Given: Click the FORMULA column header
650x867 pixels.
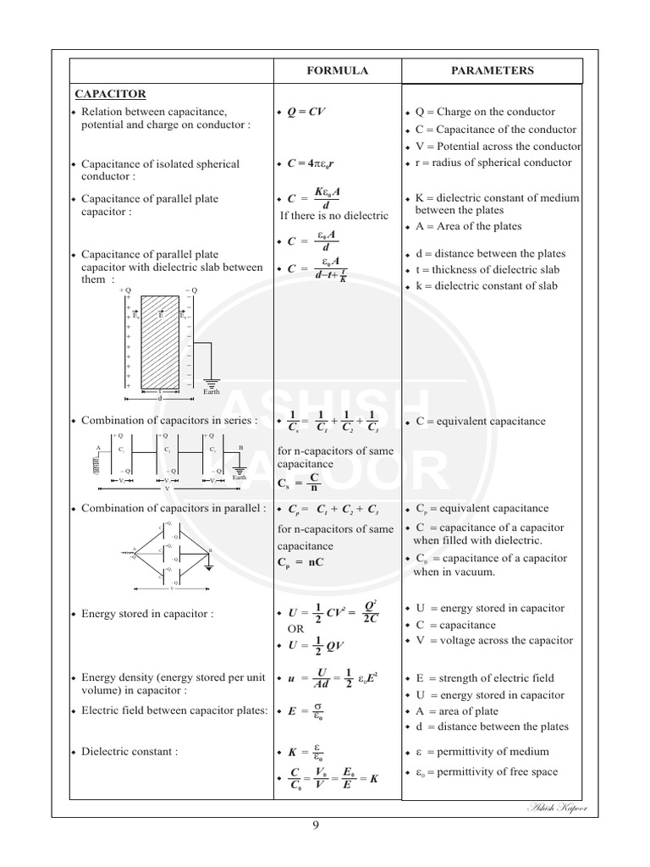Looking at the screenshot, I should [x=337, y=71].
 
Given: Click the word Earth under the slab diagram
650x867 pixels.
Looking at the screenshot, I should [x=212, y=392].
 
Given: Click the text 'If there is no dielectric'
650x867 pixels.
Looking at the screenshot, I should [x=333, y=216].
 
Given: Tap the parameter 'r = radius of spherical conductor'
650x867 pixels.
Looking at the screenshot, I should [x=493, y=163].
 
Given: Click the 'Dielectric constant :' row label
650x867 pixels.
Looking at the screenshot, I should [x=129, y=751].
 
